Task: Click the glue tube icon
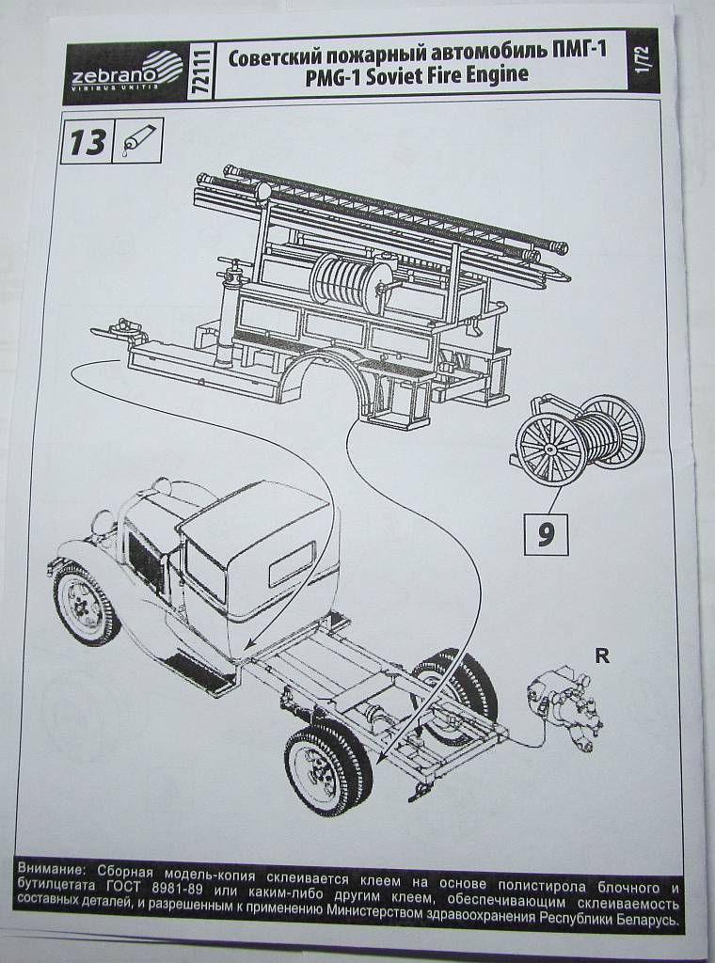[135, 140]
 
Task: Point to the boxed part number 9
[546, 533]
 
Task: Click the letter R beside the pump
[602, 655]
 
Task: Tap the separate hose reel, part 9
[577, 439]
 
